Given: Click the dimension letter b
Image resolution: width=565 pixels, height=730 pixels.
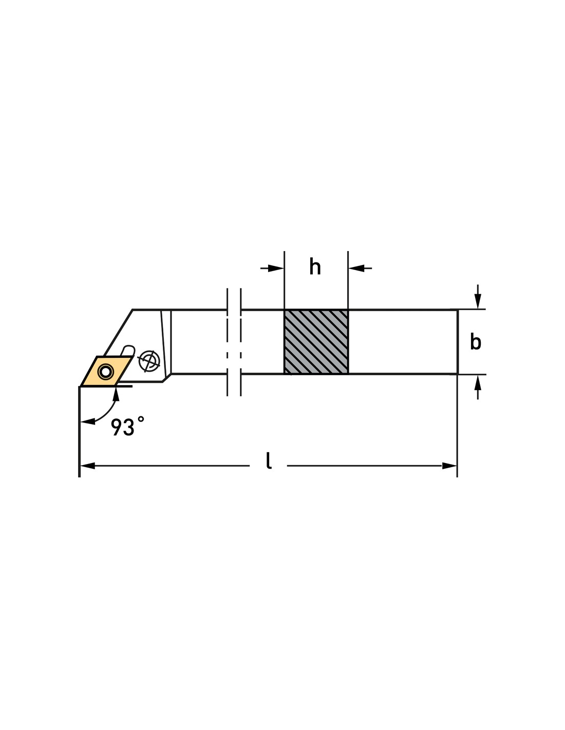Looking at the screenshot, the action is coord(475,342).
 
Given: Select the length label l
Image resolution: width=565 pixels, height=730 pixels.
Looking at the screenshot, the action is coord(269,460).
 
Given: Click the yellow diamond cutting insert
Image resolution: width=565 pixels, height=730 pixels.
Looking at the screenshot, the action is coord(106,371).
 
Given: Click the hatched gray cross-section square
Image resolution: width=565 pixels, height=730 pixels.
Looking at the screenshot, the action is coord(316,341).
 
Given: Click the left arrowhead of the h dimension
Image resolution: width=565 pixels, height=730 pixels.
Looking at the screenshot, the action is coord(276,268).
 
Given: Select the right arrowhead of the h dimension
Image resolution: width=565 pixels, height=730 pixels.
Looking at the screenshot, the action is coord(356,268).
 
